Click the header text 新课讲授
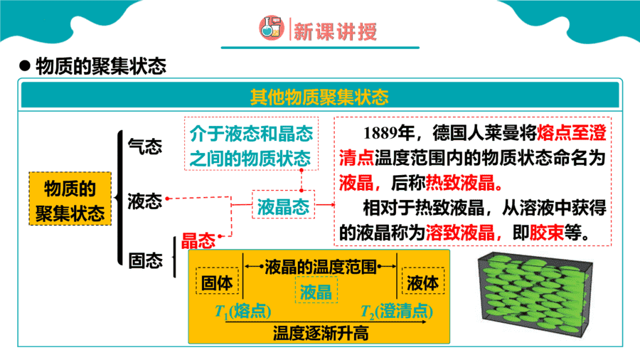point(335,31)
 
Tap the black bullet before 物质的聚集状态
point(25,65)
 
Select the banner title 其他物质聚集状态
point(319,97)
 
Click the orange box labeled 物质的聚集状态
point(70,198)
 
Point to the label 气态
point(145,146)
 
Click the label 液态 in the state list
point(145,201)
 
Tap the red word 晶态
point(198,240)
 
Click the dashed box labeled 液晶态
point(283,204)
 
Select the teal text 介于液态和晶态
point(252,134)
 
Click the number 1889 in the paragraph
point(380,132)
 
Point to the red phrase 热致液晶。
point(464,184)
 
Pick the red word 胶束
point(547,233)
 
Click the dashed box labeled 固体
point(217,281)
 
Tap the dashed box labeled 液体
point(423,281)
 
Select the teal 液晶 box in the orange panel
point(316,290)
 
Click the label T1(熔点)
point(243,312)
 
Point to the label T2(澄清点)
point(397,312)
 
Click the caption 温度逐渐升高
point(321,333)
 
